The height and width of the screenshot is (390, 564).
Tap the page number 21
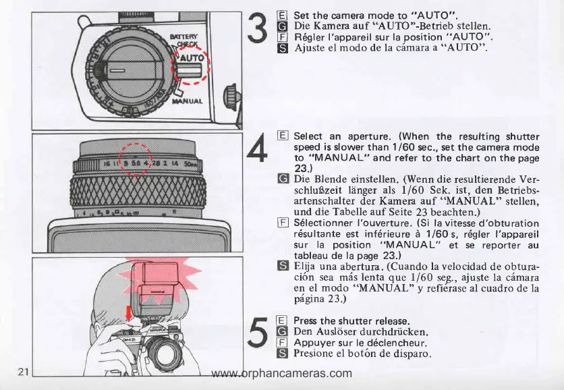[x=23, y=372]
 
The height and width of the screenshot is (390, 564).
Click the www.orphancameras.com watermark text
[x=281, y=373]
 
